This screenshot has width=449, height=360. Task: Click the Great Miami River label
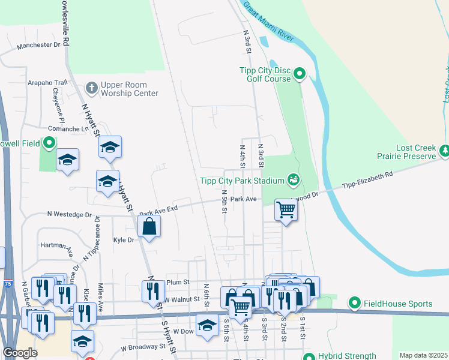(x=268, y=21)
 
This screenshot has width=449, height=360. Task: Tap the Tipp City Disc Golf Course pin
(x=299, y=75)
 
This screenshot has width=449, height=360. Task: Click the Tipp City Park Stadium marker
(x=294, y=179)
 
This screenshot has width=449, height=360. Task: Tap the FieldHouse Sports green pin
(x=355, y=304)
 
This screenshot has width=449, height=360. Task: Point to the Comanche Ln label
(x=68, y=128)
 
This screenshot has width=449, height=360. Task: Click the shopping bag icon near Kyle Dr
(x=149, y=226)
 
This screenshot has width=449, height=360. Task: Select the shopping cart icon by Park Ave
(x=286, y=210)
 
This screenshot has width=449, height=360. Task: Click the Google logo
(x=20, y=353)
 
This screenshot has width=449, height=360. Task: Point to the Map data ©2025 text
(x=423, y=355)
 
